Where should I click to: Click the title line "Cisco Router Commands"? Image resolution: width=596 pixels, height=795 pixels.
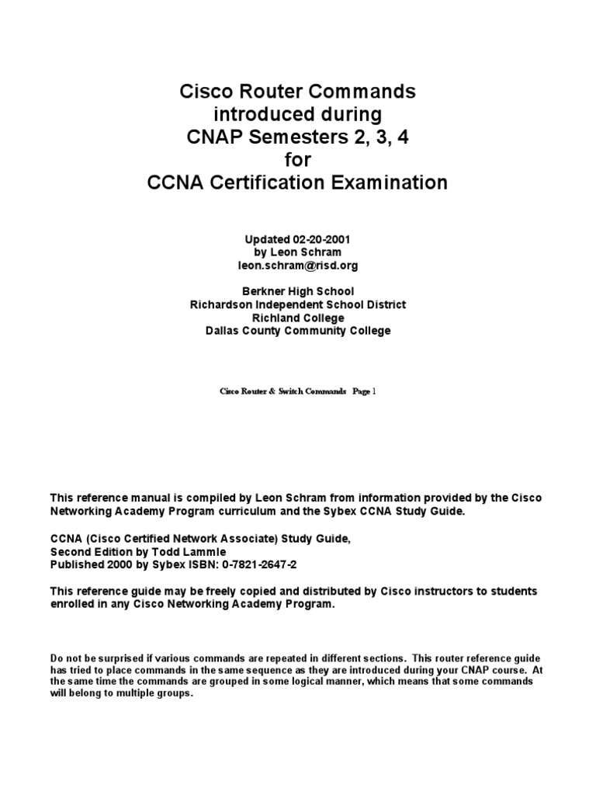(298, 92)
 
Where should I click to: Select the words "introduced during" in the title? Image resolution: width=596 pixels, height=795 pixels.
(298, 115)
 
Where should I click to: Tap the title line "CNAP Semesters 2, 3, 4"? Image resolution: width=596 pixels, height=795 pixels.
(298, 137)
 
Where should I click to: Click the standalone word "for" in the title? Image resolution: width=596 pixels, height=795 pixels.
(298, 160)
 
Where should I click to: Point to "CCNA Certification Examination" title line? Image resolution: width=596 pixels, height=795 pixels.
(298, 183)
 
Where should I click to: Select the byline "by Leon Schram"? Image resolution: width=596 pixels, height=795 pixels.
(298, 252)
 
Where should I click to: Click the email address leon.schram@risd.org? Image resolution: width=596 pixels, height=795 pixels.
(298, 266)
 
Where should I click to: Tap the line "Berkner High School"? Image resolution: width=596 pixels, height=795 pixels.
(298, 291)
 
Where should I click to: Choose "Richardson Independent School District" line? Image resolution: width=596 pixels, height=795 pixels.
(298, 304)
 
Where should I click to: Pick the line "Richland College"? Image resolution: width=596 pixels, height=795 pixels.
(298, 318)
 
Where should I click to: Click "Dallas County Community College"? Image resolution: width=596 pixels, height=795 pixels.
(298, 331)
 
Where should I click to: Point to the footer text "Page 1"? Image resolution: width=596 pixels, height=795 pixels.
(364, 393)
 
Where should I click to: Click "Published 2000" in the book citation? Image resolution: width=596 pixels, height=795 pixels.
(90, 563)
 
